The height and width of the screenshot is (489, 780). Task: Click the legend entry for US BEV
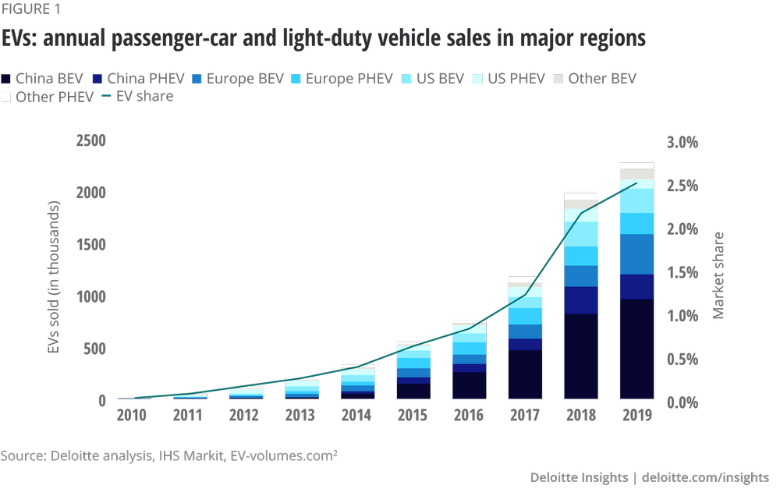[436, 79]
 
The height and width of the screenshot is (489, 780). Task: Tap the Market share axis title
[718, 275]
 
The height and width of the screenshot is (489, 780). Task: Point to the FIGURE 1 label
[34, 10]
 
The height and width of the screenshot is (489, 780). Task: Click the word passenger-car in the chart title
[167, 37]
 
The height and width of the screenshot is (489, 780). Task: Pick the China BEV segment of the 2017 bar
[525, 374]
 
